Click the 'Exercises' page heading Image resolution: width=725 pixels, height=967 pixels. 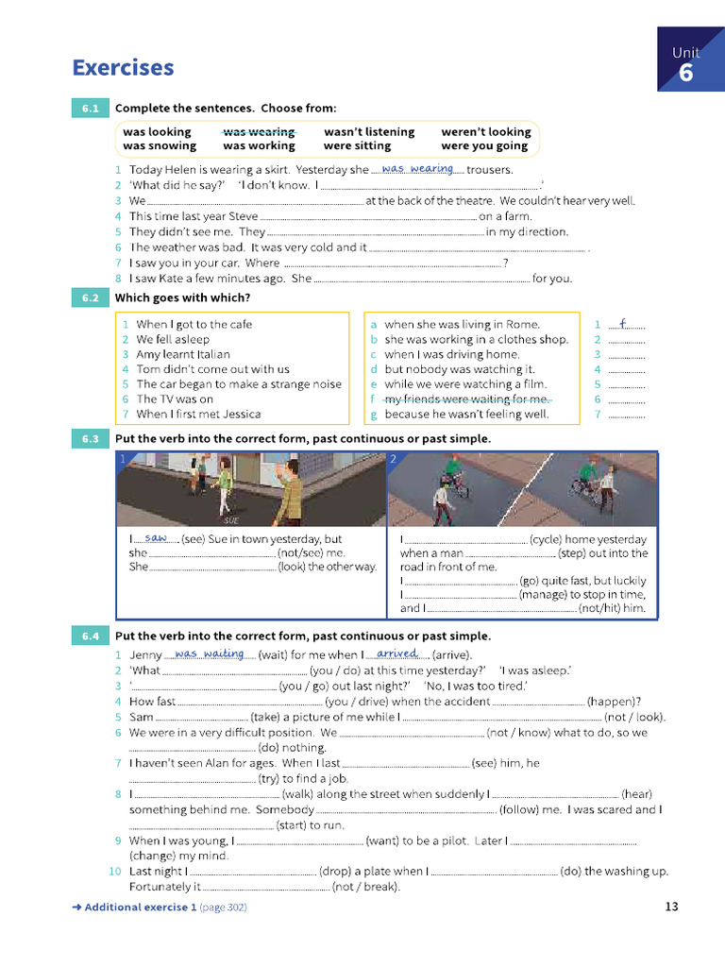[123, 68]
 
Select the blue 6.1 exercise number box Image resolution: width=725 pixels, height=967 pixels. [91, 109]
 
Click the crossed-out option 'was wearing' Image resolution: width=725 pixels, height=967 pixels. [259, 132]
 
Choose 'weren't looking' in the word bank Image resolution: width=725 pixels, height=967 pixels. [485, 132]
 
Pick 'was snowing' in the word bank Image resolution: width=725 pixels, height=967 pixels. [160, 146]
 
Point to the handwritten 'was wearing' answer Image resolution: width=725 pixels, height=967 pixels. [417, 169]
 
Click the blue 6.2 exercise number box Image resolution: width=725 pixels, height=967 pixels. [91, 297]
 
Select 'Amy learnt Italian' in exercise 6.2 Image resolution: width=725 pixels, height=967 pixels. [183, 354]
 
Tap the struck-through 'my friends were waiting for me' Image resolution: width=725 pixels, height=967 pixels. [466, 399]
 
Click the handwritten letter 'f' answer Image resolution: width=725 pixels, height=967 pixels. [623, 323]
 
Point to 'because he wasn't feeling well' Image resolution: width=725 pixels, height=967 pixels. [466, 415]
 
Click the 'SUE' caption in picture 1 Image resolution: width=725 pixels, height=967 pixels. [231, 520]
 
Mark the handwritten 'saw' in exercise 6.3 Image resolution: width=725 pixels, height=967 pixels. [156, 537]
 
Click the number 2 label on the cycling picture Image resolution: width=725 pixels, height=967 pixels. [393, 459]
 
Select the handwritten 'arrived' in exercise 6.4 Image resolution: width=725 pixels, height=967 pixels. [397, 653]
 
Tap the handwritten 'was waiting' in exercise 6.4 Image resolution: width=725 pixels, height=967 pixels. [210, 653]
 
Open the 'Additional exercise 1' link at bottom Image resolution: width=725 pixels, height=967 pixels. [140, 908]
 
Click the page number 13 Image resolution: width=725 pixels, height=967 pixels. [671, 908]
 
